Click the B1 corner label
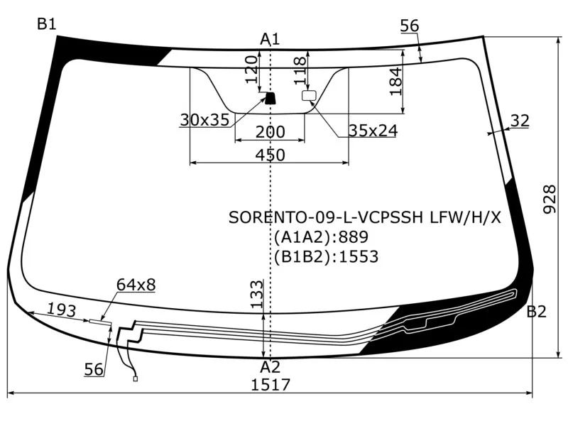[47, 24]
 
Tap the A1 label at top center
[270, 38]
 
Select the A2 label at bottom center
[270, 367]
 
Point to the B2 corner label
[536, 311]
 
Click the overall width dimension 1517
[271, 385]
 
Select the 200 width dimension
[270, 131]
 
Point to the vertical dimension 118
[300, 70]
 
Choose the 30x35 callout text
[204, 120]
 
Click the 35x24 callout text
[372, 130]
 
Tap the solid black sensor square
[271, 98]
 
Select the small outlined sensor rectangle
[309, 95]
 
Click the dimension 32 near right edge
[520, 121]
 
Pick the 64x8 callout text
[136, 285]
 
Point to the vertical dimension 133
[257, 293]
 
